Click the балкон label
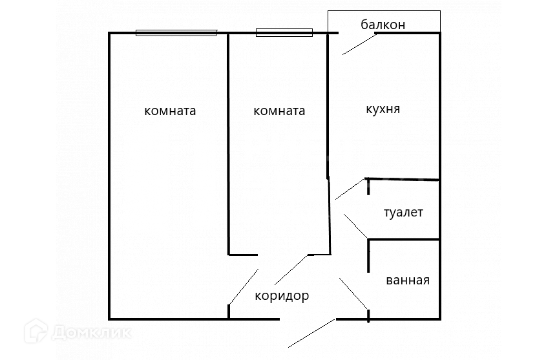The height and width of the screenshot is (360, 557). pos(383,25)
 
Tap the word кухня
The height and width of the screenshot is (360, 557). pos(383,109)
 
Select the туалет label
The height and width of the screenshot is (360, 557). pos(403,212)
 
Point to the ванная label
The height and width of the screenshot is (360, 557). pos(408,281)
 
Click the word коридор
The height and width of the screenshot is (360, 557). pos(282,296)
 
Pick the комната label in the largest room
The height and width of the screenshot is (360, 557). pos(170,111)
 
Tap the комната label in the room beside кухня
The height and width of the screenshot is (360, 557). pos(279,111)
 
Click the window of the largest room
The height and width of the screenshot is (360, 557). pos(176,32)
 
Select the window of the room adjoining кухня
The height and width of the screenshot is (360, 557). pos(284,32)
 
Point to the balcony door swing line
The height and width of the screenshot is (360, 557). pos(359,43)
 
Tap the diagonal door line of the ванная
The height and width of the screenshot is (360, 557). pos(354,293)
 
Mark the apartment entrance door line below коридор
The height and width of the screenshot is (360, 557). pos(311,334)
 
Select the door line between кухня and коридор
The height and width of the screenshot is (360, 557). pos(350,189)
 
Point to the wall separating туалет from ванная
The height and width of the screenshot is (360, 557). pos(405,240)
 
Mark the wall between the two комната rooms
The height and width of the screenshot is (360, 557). pos(229,142)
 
